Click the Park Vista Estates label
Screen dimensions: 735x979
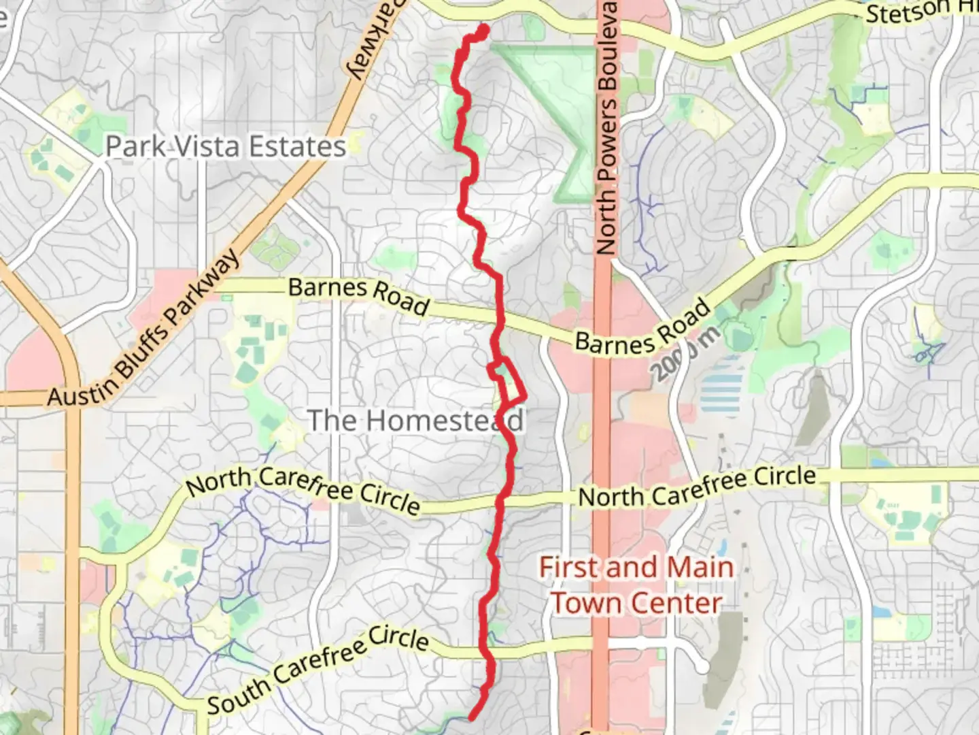coord(226,147)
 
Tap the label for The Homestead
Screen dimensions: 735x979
coord(415,421)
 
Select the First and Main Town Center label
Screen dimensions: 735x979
coord(636,585)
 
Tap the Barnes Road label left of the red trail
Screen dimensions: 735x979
coord(359,296)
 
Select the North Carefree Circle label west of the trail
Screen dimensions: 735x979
coord(303,490)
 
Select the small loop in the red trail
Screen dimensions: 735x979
coord(508,381)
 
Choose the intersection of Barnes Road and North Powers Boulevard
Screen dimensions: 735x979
coord(601,340)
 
